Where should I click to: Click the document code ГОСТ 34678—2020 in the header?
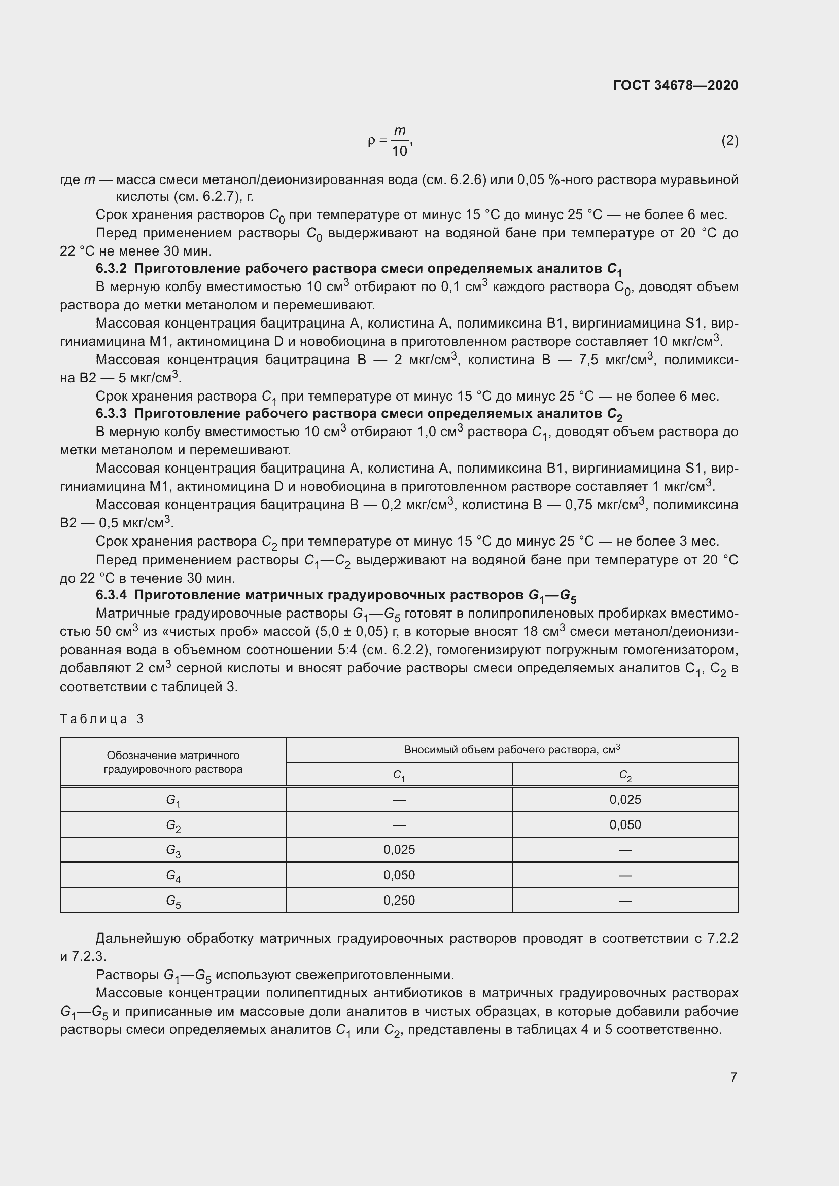point(676,85)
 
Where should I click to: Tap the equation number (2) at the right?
point(729,140)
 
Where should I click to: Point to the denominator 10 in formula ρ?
point(399,151)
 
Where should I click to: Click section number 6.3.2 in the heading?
point(111,269)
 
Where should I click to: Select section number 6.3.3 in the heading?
point(111,413)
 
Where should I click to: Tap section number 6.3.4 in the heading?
point(111,595)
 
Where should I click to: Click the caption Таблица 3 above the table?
point(102,719)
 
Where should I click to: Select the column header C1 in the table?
point(399,775)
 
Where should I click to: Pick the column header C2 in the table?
point(625,775)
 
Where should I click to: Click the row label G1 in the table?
point(173,800)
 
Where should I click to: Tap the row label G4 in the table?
point(173,876)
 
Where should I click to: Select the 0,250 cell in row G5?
point(399,901)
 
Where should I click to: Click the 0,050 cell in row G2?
point(625,825)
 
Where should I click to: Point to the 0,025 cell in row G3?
point(399,850)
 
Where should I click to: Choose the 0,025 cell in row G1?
point(625,800)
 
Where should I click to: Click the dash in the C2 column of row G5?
point(625,901)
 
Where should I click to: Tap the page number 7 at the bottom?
point(733,1077)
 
